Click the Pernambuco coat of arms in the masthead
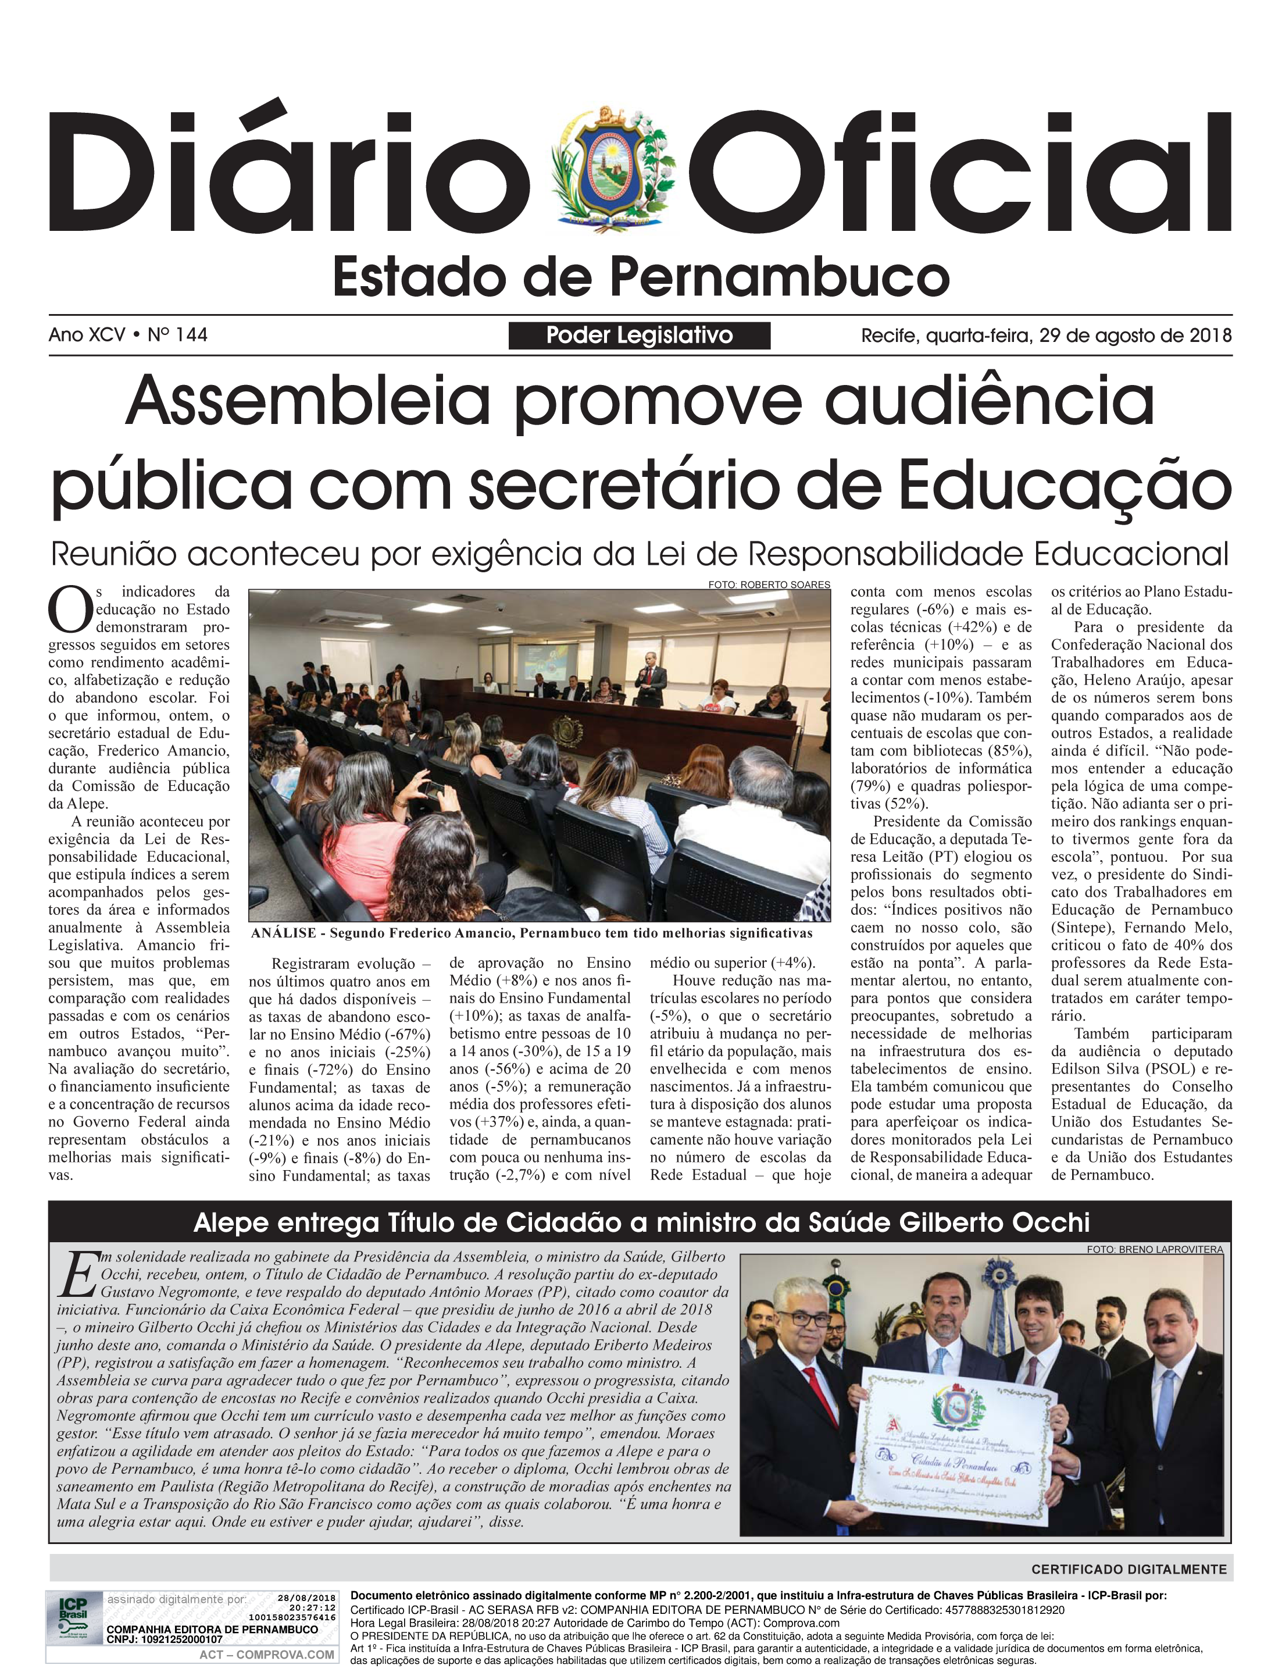point(611,171)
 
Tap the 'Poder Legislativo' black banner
point(639,335)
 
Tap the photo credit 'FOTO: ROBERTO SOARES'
point(769,584)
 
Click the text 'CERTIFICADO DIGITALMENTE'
point(1129,1570)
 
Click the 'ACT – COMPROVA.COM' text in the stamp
point(266,1655)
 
